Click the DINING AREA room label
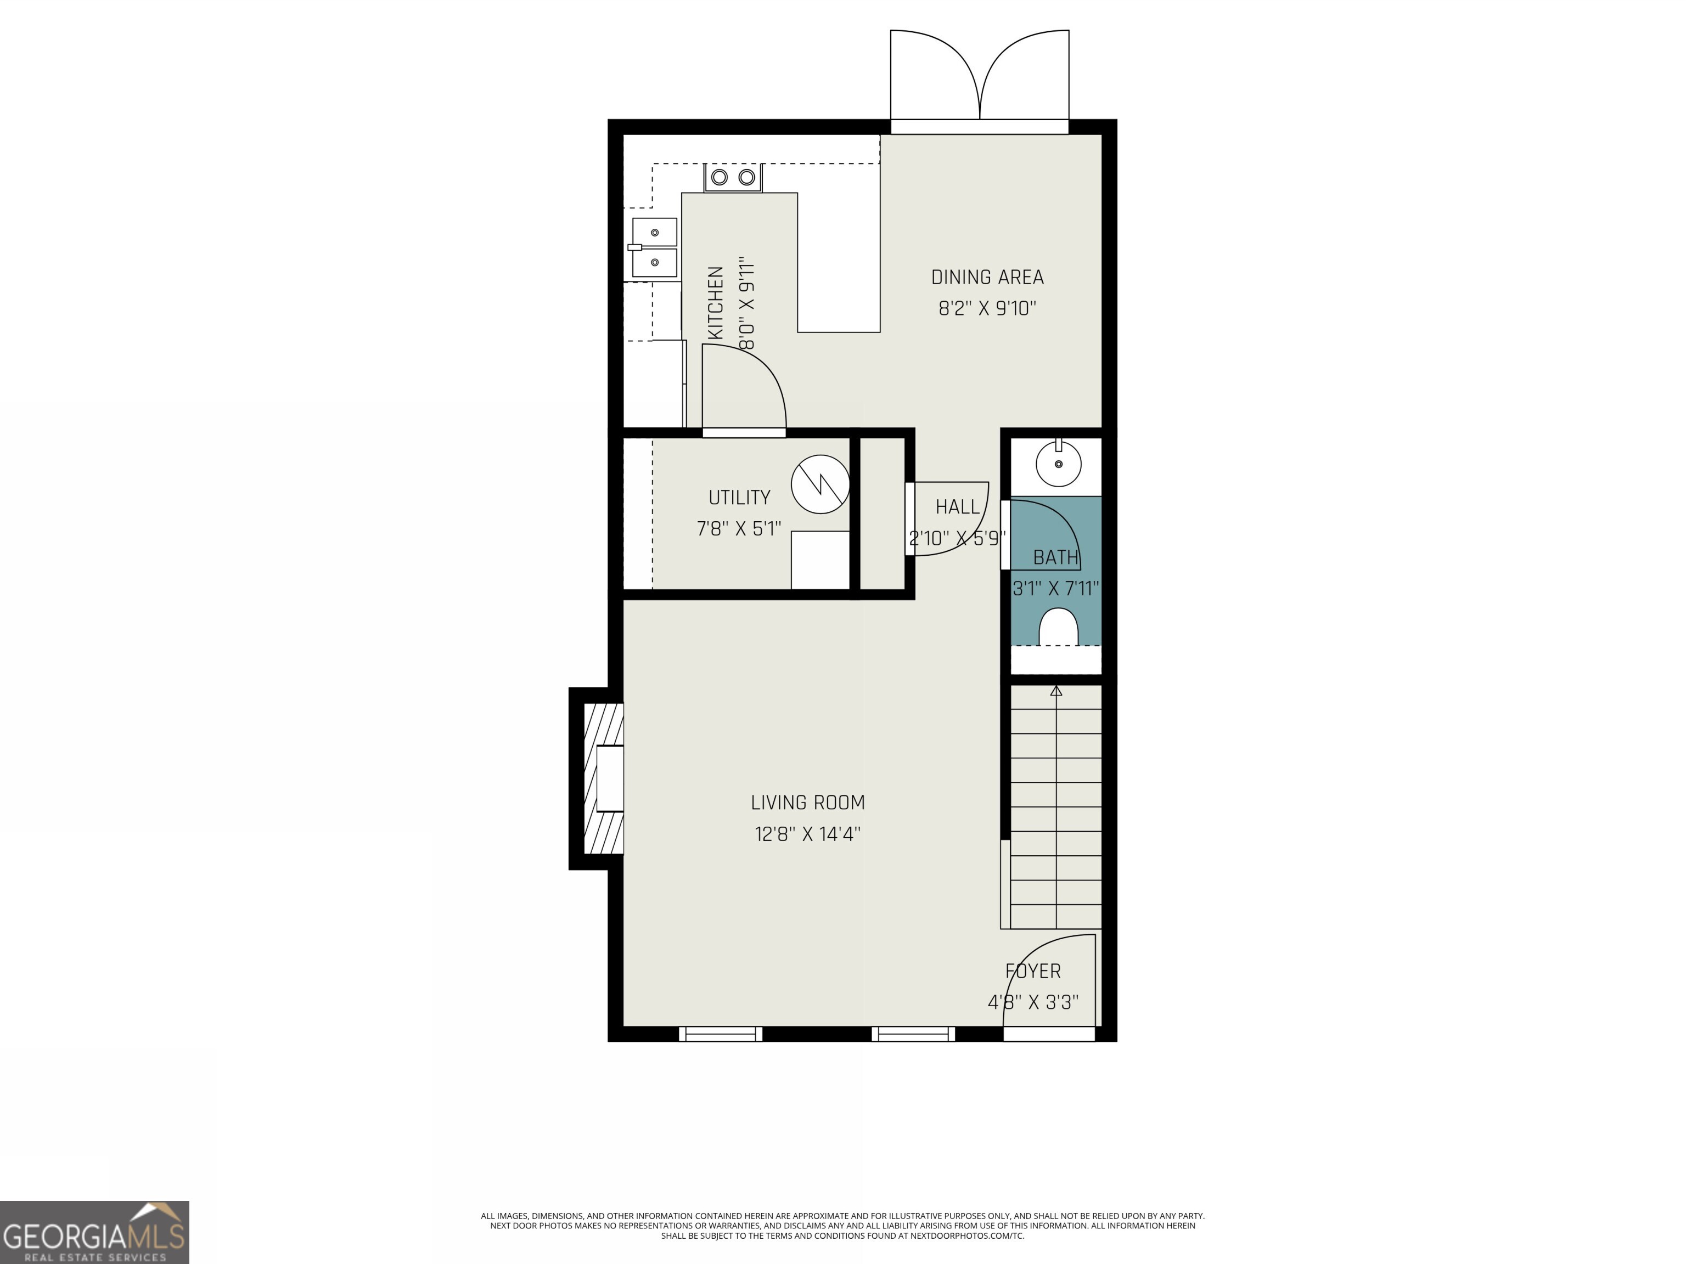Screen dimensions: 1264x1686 click(987, 278)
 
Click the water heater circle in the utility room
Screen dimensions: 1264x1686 click(820, 484)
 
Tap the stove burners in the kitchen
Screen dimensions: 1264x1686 click(733, 178)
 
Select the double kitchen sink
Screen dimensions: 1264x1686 click(654, 247)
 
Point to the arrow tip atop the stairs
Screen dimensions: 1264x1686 click(1055, 690)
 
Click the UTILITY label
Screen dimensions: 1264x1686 click(739, 498)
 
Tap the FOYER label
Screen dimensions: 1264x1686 click(1033, 972)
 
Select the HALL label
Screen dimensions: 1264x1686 click(957, 507)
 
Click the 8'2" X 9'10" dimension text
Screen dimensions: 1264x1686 click(987, 308)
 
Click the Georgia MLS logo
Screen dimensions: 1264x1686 click(94, 1232)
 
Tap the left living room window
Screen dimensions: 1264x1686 click(720, 1034)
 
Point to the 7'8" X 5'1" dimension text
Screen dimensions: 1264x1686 click(739, 529)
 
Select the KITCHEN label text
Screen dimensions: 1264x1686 click(716, 303)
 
